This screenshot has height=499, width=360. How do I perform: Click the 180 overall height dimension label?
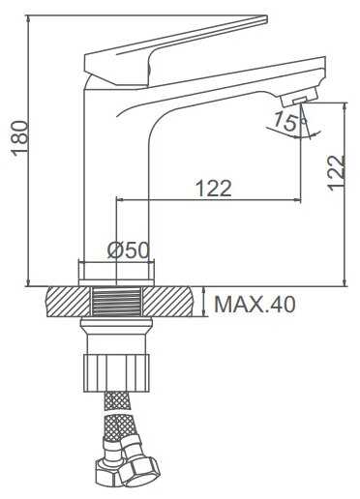(x=20, y=138)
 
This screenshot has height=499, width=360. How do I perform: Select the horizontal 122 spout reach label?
(x=214, y=188)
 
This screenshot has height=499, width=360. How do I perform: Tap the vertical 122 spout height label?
(x=336, y=173)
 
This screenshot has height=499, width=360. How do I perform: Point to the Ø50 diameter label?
(x=129, y=249)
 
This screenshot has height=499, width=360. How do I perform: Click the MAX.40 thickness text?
(x=255, y=304)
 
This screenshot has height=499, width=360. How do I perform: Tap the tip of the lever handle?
(x=267, y=18)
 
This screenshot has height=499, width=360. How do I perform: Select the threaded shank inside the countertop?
(x=116, y=302)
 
